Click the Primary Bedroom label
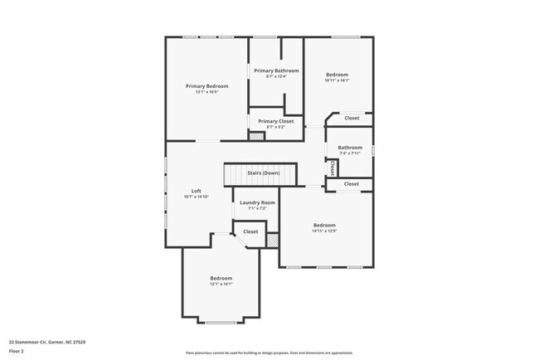206,86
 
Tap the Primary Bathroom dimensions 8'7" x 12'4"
276,77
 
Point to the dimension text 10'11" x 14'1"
337,80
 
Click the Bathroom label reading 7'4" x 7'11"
349,153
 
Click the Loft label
197,191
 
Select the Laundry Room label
257,202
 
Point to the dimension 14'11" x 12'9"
324,231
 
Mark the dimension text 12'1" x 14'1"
221,284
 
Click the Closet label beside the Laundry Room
250,231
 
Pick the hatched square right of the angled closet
272,239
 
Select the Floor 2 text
17,350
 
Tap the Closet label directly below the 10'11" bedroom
352,118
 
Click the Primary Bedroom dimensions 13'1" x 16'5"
206,92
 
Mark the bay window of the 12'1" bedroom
221,322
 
